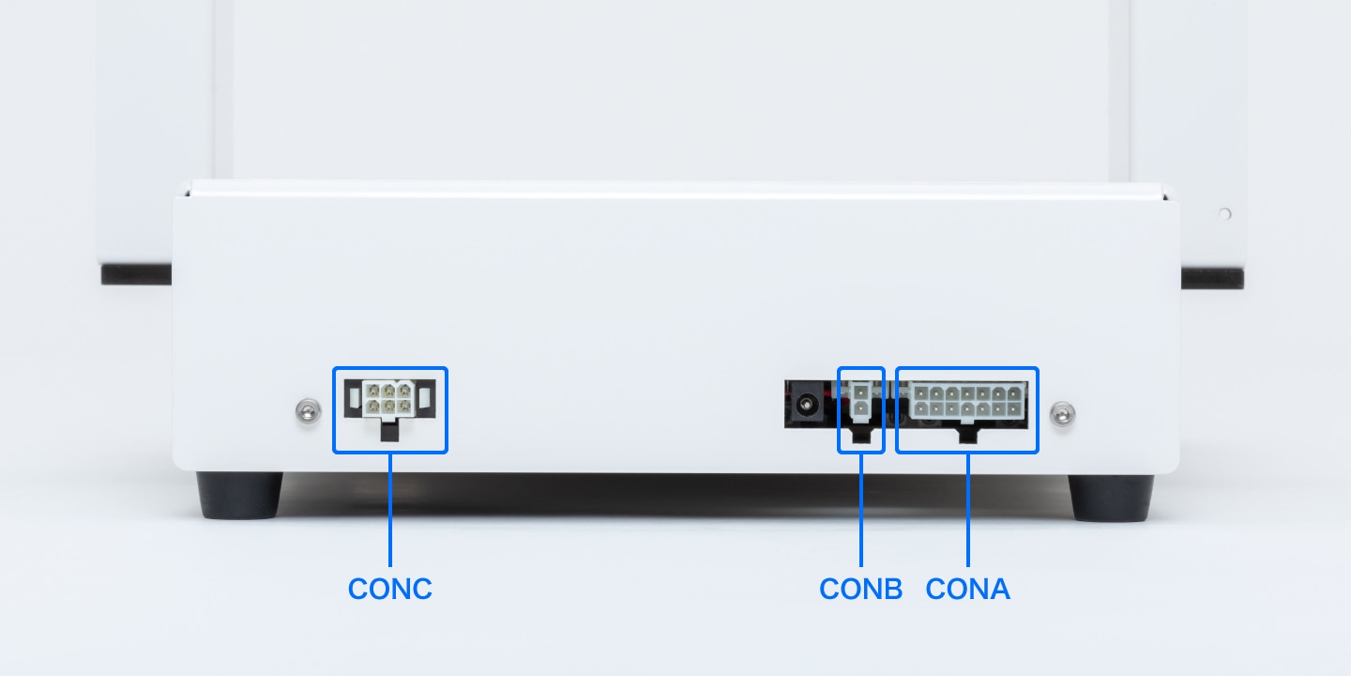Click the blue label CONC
coord(389,589)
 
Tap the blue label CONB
coord(860,589)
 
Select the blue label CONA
coord(967,589)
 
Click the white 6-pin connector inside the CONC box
coord(388,397)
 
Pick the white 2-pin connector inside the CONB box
coord(861,399)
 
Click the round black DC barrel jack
coord(804,406)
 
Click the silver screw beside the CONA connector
coord(1062,411)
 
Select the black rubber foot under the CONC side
coord(238,495)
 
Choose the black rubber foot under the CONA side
coord(1112,497)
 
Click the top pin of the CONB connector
coord(861,390)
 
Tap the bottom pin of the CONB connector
coord(861,408)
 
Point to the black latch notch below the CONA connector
coord(966,433)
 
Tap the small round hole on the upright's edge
coord(1224,214)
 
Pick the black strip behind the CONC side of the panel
coord(136,274)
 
